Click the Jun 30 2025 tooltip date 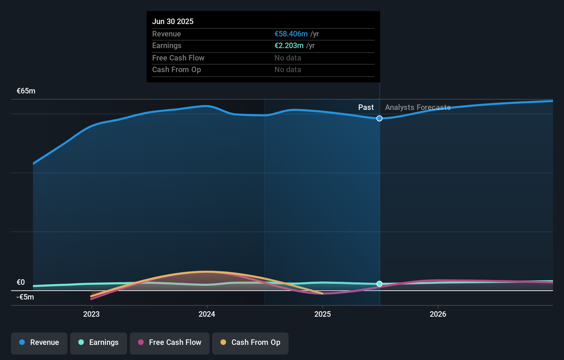click(173, 21)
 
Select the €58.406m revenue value click(291, 34)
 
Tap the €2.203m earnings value click(289, 46)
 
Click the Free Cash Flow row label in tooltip click(178, 58)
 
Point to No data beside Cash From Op click(287, 70)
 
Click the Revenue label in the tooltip click(166, 34)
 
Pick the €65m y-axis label click(26, 91)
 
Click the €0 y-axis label click(21, 282)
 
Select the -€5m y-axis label click(25, 297)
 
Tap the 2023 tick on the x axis click(91, 314)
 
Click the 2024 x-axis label click(207, 314)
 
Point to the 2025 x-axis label click(323, 314)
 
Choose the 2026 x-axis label click(438, 314)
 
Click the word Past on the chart click(366, 108)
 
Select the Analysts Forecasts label click(418, 108)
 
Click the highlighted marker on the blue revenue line click(380, 119)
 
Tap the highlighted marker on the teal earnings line click(380, 284)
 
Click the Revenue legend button click(39, 342)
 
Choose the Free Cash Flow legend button click(170, 342)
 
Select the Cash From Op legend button click(250, 342)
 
